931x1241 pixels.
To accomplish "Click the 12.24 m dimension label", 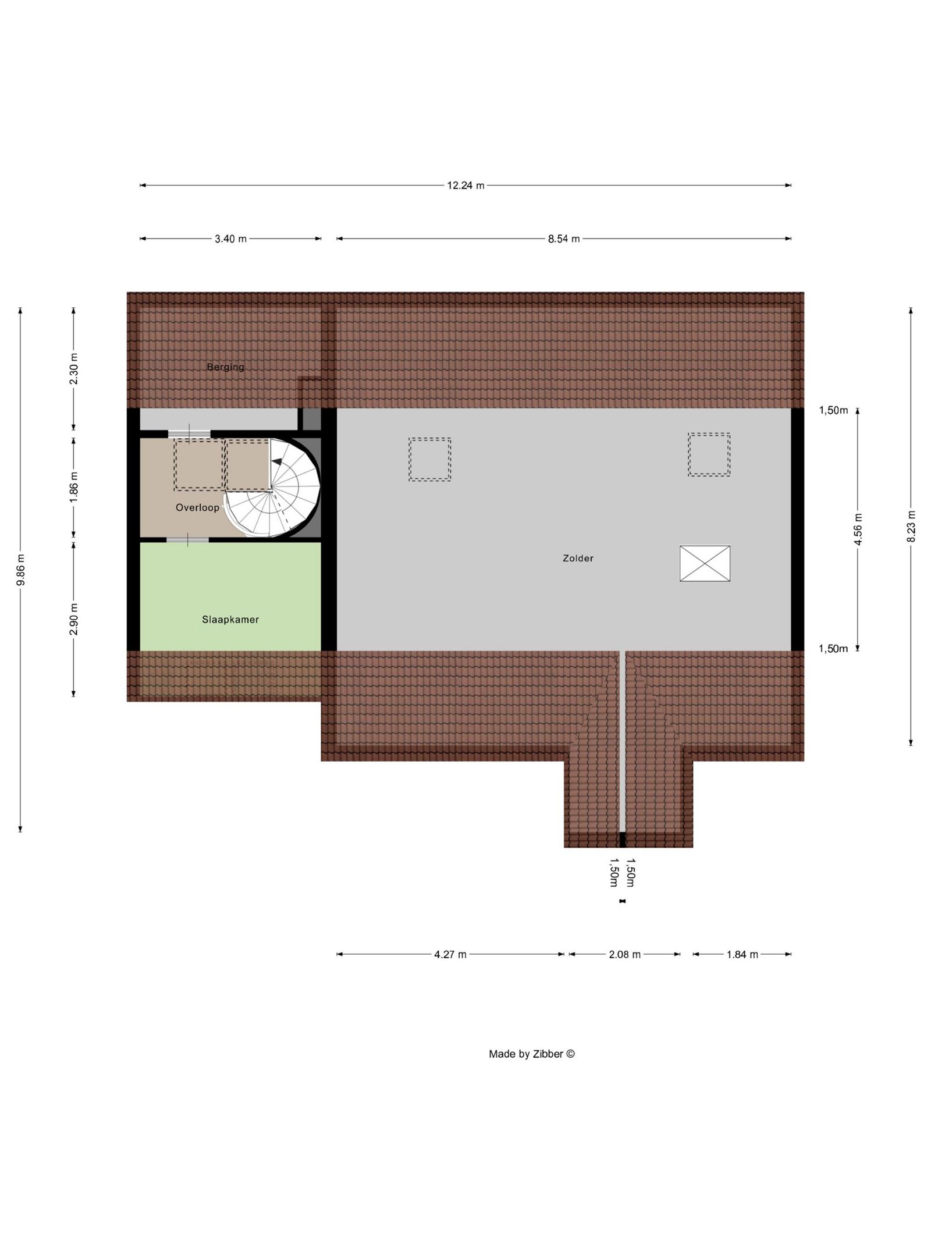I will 465,186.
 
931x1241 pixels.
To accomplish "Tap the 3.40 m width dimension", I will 230,239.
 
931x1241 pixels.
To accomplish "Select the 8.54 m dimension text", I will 563,239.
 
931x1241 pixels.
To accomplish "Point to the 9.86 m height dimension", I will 20,570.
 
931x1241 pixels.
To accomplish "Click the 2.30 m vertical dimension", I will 73,369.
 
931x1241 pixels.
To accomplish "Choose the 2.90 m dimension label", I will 73,620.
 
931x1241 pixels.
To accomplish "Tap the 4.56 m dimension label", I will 858,529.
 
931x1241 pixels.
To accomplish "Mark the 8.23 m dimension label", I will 911,526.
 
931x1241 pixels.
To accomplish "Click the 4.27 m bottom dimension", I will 450,954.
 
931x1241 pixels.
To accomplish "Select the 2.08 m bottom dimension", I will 624,954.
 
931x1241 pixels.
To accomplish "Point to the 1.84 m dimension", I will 742,954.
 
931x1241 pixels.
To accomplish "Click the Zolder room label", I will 578,558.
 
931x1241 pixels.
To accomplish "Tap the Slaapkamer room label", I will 230,620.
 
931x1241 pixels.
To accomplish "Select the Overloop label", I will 198,507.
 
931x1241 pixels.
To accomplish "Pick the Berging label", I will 226,367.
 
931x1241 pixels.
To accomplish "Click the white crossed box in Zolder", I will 705,563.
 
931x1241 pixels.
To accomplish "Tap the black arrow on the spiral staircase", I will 277,461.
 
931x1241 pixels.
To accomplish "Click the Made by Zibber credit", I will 531,1053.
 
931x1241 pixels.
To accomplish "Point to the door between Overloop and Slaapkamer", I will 187,540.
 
